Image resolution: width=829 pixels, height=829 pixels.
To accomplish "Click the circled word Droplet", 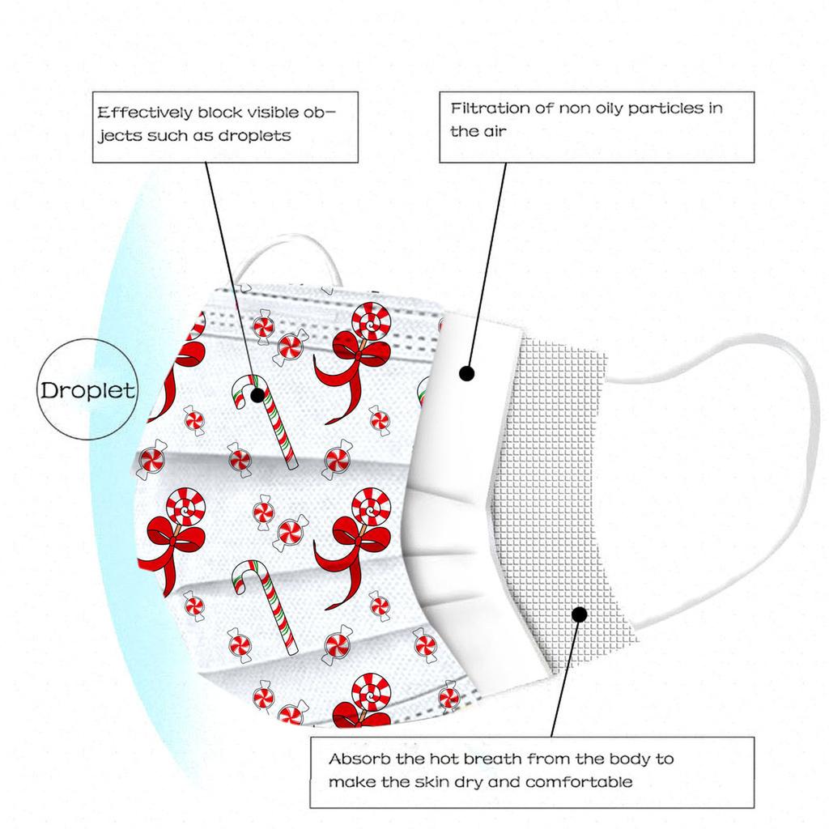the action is pyautogui.click(x=87, y=391).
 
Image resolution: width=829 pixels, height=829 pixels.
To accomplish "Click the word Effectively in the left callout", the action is pyautogui.click(x=145, y=113).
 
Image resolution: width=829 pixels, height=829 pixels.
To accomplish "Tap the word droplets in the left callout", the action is pyautogui.click(x=255, y=136).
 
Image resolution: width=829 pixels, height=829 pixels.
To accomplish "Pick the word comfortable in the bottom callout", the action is pyautogui.click(x=579, y=782).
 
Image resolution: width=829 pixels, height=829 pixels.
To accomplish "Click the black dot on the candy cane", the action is pyautogui.click(x=257, y=395).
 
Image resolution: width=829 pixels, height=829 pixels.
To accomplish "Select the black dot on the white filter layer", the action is pyautogui.click(x=467, y=374).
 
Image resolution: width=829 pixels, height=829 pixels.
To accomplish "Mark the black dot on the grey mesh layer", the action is pyautogui.click(x=580, y=614).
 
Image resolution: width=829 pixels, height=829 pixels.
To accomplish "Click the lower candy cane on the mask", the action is pyautogui.click(x=265, y=602).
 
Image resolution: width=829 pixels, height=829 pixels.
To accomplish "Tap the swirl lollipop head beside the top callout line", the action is pyautogui.click(x=371, y=322).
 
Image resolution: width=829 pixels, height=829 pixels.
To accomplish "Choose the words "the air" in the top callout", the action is pyautogui.click(x=478, y=131).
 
